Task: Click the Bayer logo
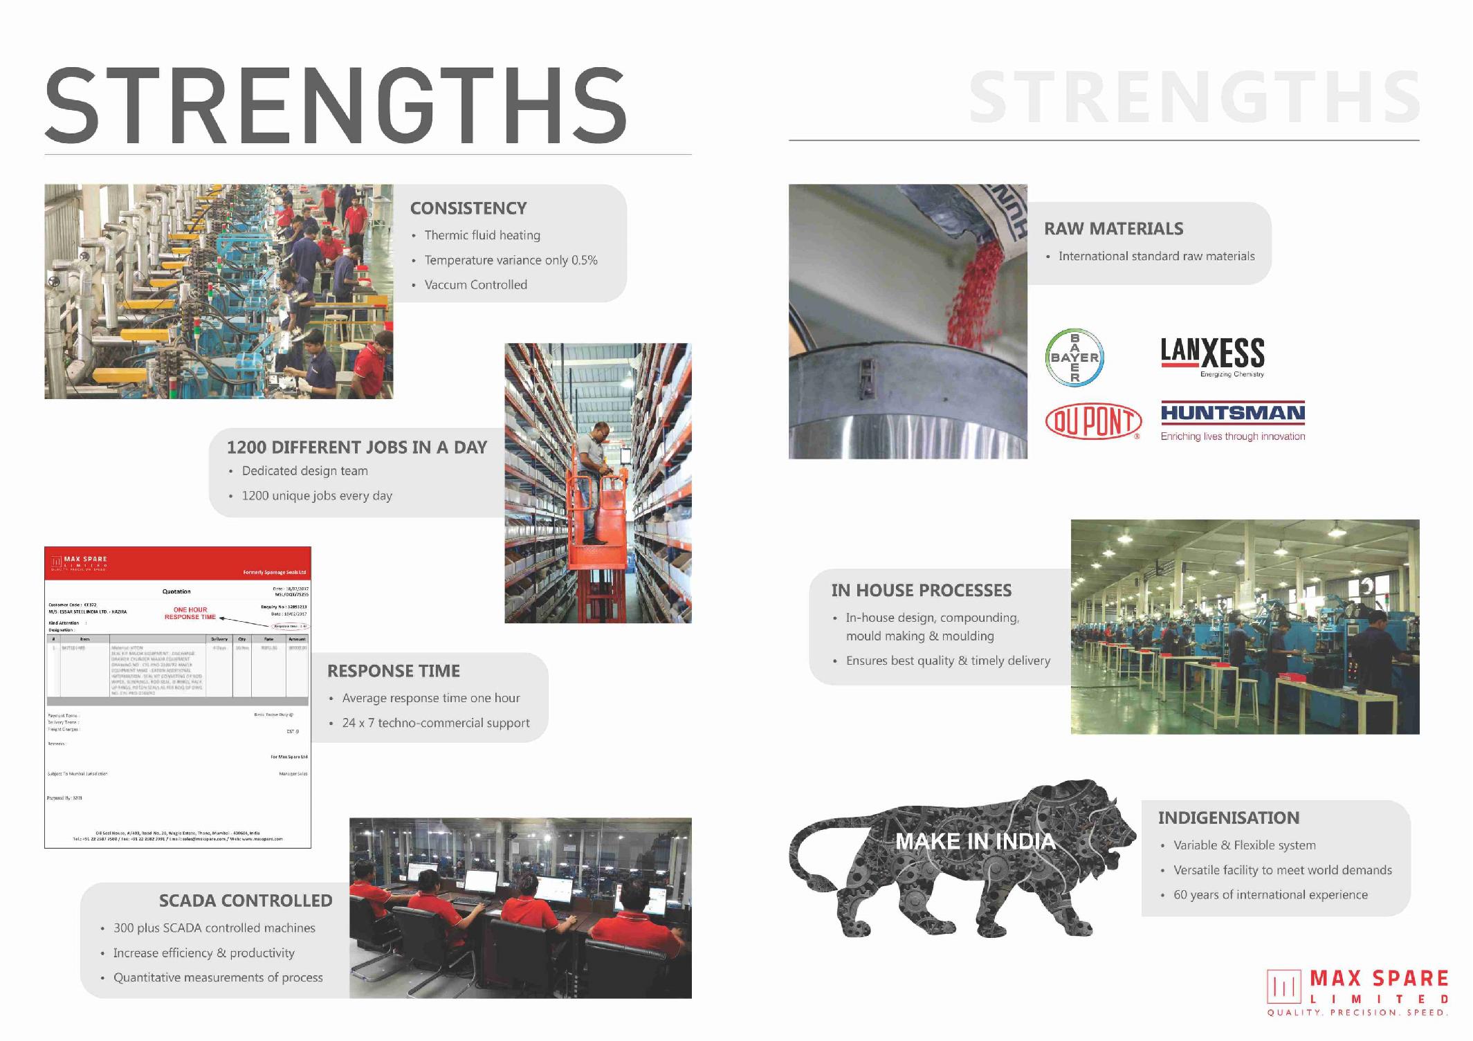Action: [x=1074, y=358]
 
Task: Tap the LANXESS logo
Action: [x=1212, y=354]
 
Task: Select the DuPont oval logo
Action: [x=1092, y=421]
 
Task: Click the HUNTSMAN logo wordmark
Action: [x=1232, y=414]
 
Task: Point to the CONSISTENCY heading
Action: [x=468, y=208]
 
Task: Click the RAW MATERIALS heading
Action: [x=1113, y=229]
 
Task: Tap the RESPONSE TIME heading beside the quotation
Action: [x=393, y=671]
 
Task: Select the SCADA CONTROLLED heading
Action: [x=246, y=901]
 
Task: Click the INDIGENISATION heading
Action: [x=1228, y=818]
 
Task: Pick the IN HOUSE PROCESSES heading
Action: [x=921, y=591]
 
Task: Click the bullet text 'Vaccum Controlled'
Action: [x=475, y=285]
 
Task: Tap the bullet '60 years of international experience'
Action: [x=1270, y=895]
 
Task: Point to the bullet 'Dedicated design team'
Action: [x=304, y=471]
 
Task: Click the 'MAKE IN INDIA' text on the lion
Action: [x=975, y=842]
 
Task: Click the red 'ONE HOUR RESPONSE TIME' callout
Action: [x=190, y=614]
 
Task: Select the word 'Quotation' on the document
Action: [x=176, y=591]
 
